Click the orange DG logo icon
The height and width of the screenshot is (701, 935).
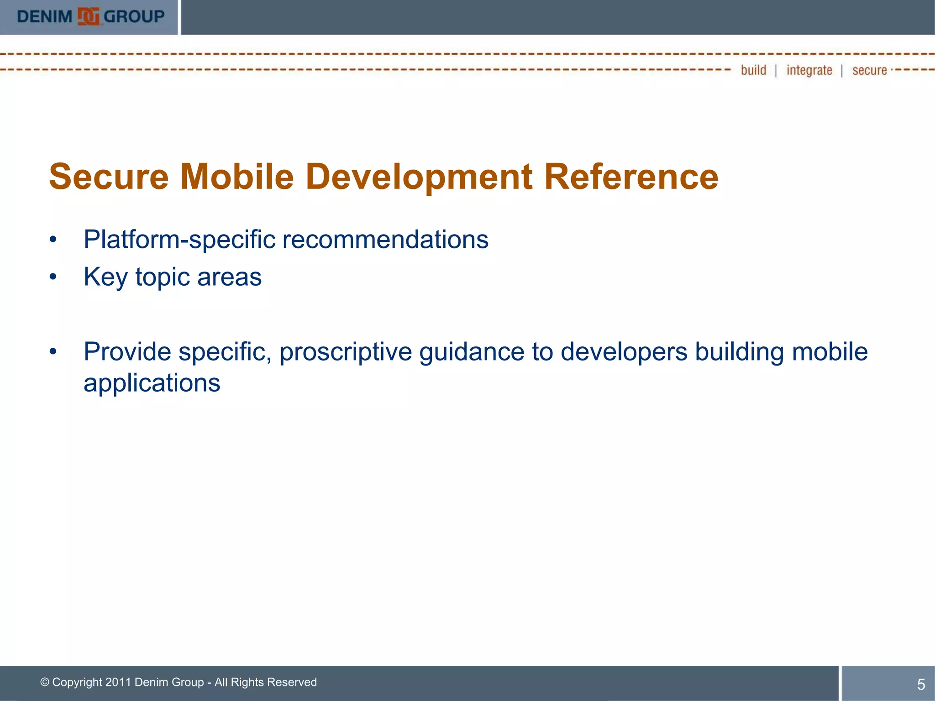pos(88,17)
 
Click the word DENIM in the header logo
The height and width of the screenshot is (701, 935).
pos(44,17)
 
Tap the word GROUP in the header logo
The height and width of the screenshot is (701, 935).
pos(134,17)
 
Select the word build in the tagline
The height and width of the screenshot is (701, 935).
pos(753,70)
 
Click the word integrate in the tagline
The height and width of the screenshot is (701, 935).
pos(809,70)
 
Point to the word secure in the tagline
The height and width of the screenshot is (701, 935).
pos(869,70)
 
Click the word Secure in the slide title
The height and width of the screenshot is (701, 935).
pos(109,177)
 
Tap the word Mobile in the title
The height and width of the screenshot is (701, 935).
pos(237,177)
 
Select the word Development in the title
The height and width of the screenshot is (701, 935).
pos(419,177)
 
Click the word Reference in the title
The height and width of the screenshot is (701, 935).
pos(631,177)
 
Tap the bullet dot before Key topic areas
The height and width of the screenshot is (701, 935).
pos(53,277)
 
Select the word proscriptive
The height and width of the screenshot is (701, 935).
pos(346,352)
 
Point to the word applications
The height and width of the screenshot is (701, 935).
pos(152,383)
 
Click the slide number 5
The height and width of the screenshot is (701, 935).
pos(921,684)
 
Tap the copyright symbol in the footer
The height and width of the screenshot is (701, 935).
pos(45,682)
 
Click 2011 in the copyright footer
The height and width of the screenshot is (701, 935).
pos(118,682)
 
